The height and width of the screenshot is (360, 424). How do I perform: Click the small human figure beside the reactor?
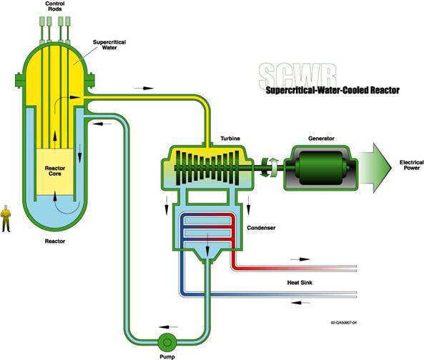pyautogui.click(x=6, y=217)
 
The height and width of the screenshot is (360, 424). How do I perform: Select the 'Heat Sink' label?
pyautogui.click(x=293, y=281)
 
